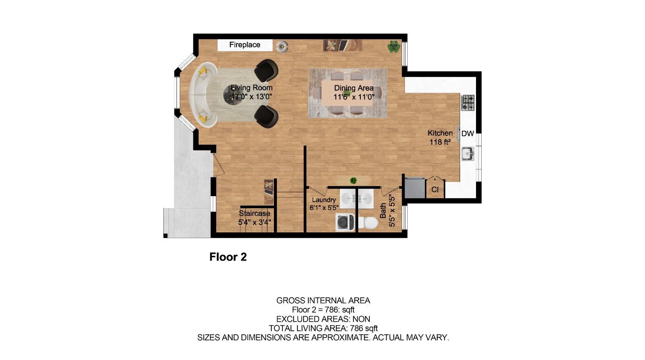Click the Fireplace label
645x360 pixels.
(x=244, y=45)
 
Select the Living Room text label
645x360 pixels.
(x=252, y=88)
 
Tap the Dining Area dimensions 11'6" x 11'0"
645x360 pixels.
(x=354, y=97)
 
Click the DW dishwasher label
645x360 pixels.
(x=467, y=134)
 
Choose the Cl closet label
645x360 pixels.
(x=435, y=189)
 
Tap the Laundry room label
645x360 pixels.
(x=324, y=200)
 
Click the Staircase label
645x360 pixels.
(x=255, y=213)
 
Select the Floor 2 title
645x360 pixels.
(x=228, y=257)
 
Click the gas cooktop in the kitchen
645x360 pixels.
(x=468, y=102)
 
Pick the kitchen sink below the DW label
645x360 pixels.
(x=467, y=154)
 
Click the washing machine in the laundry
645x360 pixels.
(x=345, y=222)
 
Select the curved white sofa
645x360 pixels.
(x=202, y=95)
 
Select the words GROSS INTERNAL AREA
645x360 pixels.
(x=323, y=301)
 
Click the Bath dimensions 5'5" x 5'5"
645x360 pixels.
(x=392, y=211)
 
